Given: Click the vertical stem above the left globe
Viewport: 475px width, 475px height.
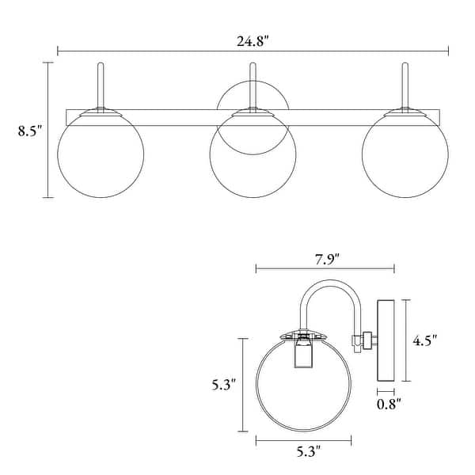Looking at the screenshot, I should click(100, 83).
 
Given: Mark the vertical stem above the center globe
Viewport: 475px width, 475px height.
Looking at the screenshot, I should click(252, 83).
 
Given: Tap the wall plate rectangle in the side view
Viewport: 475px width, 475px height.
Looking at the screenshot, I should click(386, 340).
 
